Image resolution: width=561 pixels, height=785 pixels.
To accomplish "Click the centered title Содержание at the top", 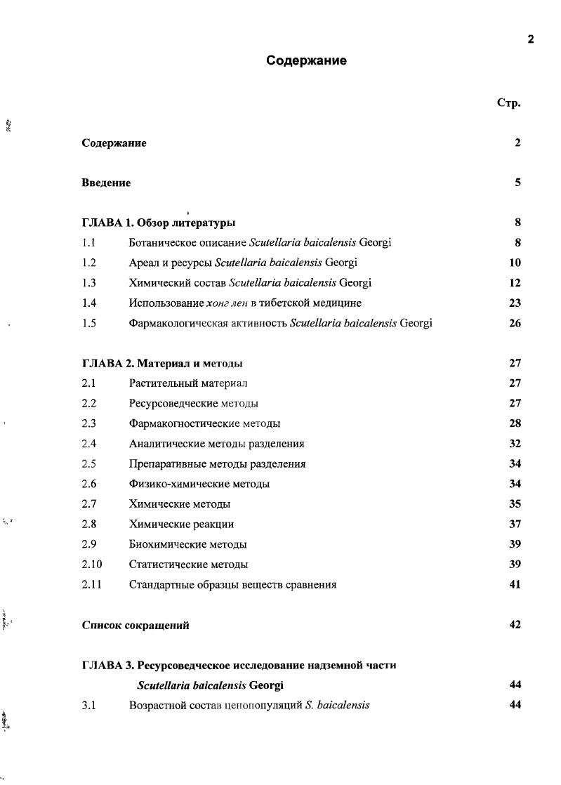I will (306, 61).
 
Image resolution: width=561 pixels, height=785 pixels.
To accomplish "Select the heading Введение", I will (106, 183).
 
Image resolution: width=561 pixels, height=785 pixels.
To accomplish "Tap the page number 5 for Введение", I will (517, 183).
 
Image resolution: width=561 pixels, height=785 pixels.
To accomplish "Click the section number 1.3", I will (88, 283).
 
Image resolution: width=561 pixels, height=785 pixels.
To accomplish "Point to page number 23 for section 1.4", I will (515, 303).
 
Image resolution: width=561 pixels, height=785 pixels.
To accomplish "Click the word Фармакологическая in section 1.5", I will (173, 324).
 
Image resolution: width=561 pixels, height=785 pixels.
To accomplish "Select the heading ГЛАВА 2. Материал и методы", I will (162, 364).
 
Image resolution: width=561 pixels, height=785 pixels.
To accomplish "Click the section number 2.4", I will (88, 444).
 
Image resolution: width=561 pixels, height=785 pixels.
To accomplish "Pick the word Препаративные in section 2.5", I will (164, 464).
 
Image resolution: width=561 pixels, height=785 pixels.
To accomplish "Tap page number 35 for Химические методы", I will (515, 504).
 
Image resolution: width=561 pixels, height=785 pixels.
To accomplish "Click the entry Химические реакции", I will (181, 525).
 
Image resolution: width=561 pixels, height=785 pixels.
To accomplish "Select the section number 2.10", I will (91, 565).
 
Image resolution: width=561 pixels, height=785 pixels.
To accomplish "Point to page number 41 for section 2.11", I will (515, 584).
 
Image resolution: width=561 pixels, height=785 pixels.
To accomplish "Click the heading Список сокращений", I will (136, 625).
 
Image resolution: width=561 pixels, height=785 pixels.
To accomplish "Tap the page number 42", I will (515, 625).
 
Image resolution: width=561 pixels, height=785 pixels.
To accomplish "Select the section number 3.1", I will (88, 705).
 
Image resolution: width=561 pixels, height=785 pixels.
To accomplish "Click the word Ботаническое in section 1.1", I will (162, 243).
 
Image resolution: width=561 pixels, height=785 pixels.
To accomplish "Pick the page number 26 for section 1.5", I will (515, 324).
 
